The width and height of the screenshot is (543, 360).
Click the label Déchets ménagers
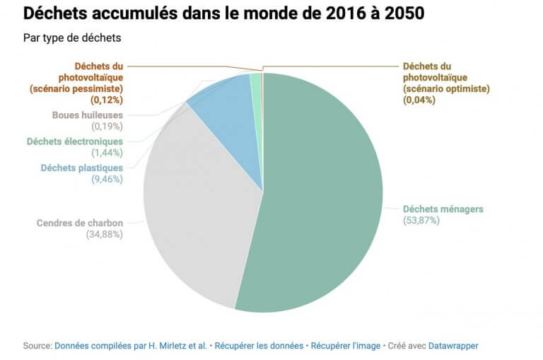tap(443, 209)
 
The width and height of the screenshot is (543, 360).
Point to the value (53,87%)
tap(421, 221)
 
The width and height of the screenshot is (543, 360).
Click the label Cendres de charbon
tap(80, 223)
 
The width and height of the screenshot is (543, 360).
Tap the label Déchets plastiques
tap(82, 168)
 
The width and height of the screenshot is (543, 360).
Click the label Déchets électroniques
tap(75, 141)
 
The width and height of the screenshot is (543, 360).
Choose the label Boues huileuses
tap(88, 115)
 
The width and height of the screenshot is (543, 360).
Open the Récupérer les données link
tap(259, 346)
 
